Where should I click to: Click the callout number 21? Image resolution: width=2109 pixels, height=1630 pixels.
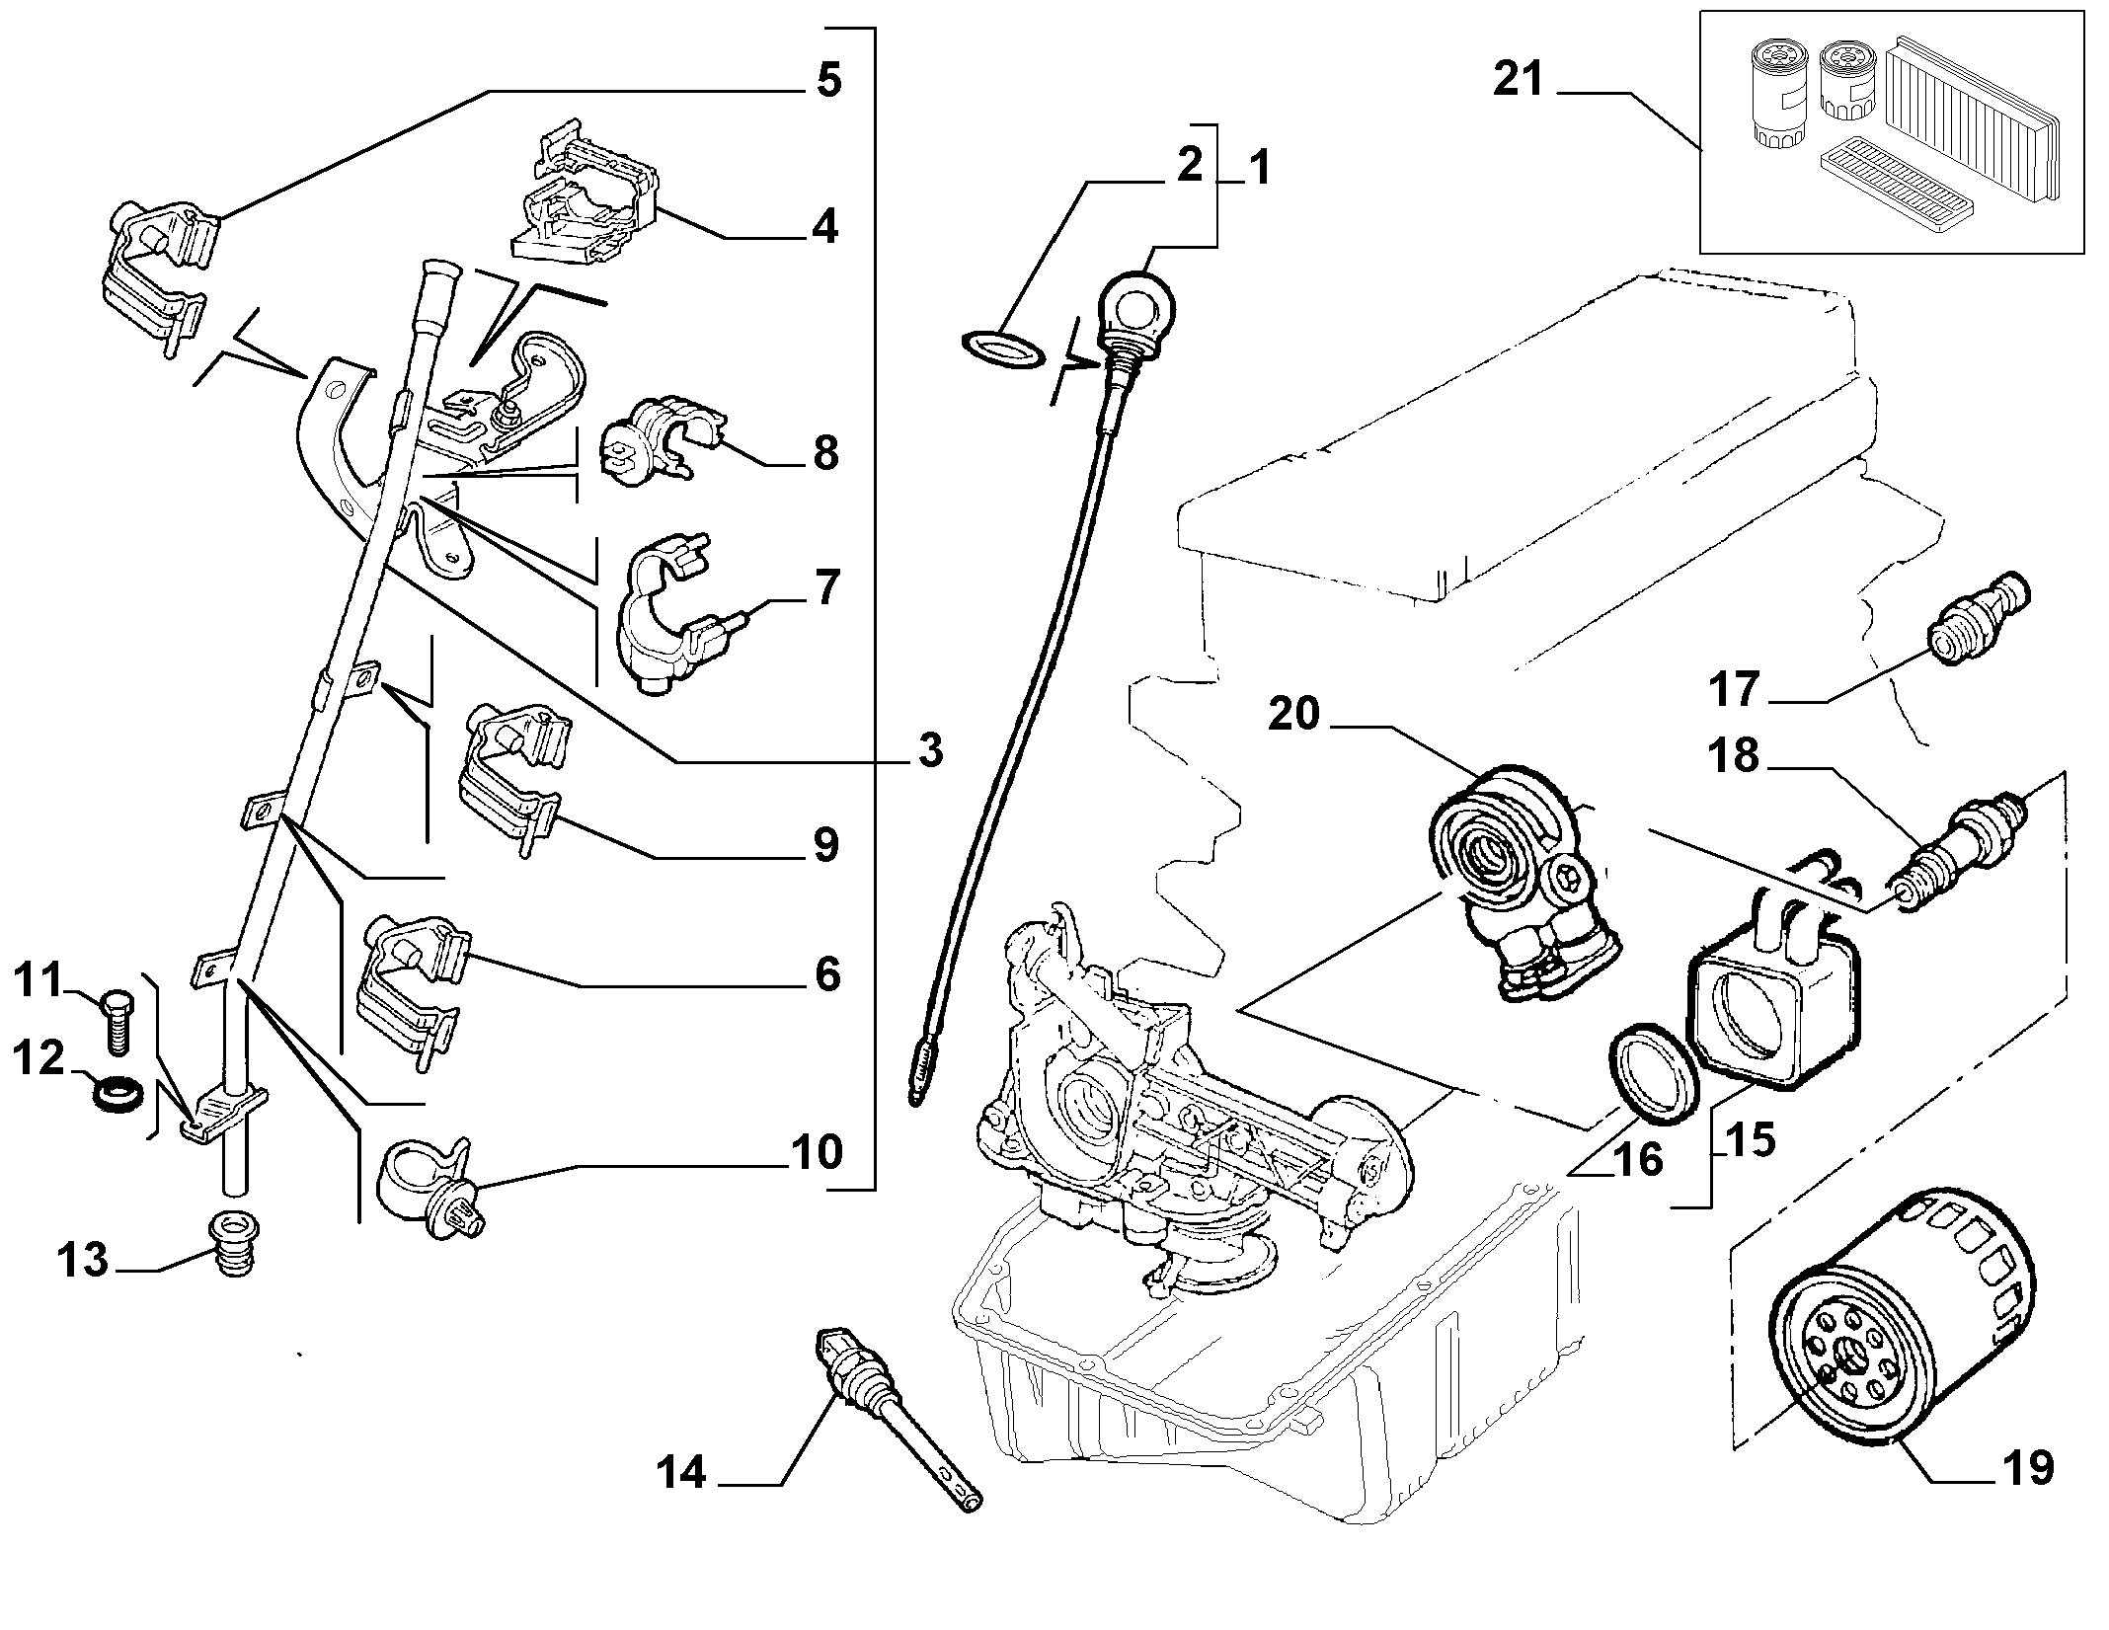coord(1518,79)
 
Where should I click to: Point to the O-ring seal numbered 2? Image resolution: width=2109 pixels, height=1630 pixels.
coord(1001,349)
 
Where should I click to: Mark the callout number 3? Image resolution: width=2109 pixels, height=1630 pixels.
coord(929,751)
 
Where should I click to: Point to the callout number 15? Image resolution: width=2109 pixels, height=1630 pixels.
coord(1752,1139)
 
